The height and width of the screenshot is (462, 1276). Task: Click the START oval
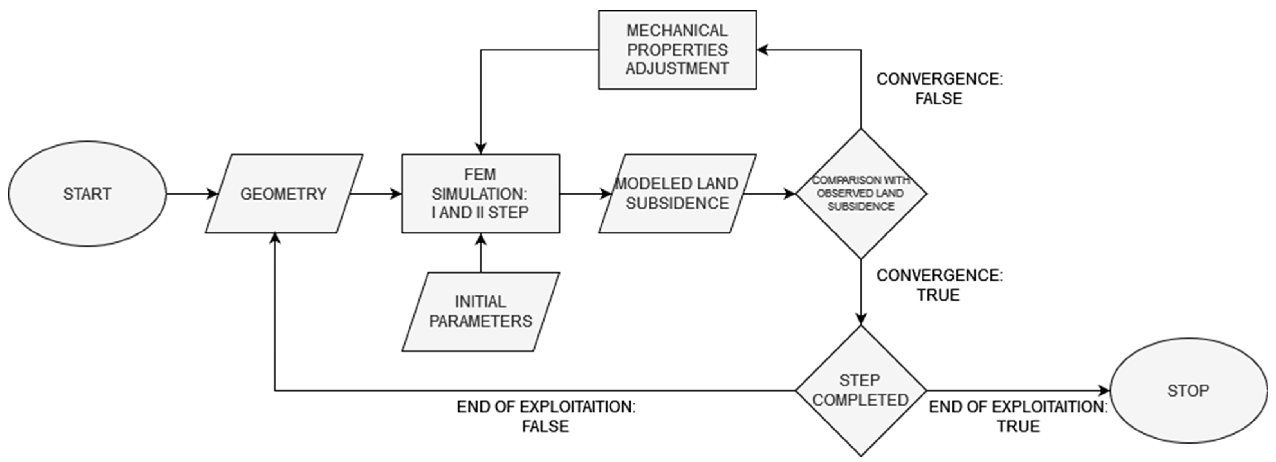click(87, 194)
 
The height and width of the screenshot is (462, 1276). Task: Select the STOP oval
click(1188, 391)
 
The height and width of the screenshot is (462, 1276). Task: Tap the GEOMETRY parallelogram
click(283, 194)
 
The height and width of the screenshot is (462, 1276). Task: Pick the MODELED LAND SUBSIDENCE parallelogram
click(677, 194)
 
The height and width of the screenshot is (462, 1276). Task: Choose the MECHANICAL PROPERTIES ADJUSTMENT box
click(677, 50)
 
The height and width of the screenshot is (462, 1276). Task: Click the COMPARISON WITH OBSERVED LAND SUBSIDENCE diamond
click(860, 194)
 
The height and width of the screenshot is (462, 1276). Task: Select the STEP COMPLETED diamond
click(860, 391)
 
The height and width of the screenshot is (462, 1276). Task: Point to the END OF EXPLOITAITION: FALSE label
click(546, 416)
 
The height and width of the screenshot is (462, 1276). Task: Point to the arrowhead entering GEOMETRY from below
click(275, 239)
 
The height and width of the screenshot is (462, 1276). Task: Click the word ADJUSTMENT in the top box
click(677, 69)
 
